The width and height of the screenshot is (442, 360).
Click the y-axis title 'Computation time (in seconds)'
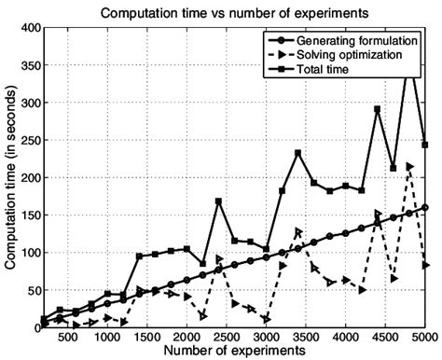click(x=10, y=177)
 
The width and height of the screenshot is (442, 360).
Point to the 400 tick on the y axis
click(x=26, y=28)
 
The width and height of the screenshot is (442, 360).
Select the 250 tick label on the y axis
click(x=26, y=140)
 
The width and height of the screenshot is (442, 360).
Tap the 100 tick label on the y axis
click(x=26, y=253)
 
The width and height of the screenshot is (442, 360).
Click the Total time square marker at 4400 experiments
click(x=378, y=109)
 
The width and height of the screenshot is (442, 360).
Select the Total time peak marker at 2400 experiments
click(x=218, y=201)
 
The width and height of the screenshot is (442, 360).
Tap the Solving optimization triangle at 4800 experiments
click(x=409, y=166)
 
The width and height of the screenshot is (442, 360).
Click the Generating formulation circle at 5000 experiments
click(x=425, y=207)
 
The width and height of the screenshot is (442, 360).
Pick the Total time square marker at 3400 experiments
click(x=298, y=153)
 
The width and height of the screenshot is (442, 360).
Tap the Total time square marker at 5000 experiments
click(x=425, y=145)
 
